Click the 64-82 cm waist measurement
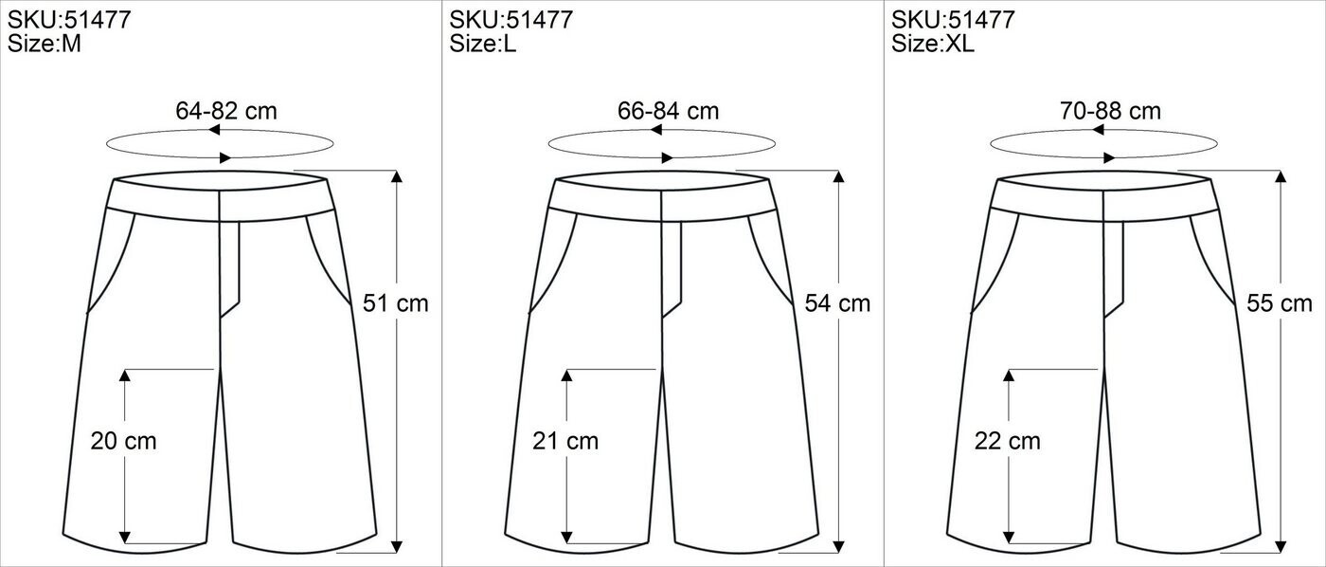(226, 111)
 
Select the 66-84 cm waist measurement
(669, 111)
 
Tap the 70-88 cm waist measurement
(1110, 111)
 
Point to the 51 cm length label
(396, 303)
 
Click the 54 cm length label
(837, 303)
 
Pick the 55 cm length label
(1280, 303)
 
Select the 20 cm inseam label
(124, 441)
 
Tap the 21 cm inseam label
(565, 441)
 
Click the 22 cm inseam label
(1008, 441)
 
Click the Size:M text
(44, 44)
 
